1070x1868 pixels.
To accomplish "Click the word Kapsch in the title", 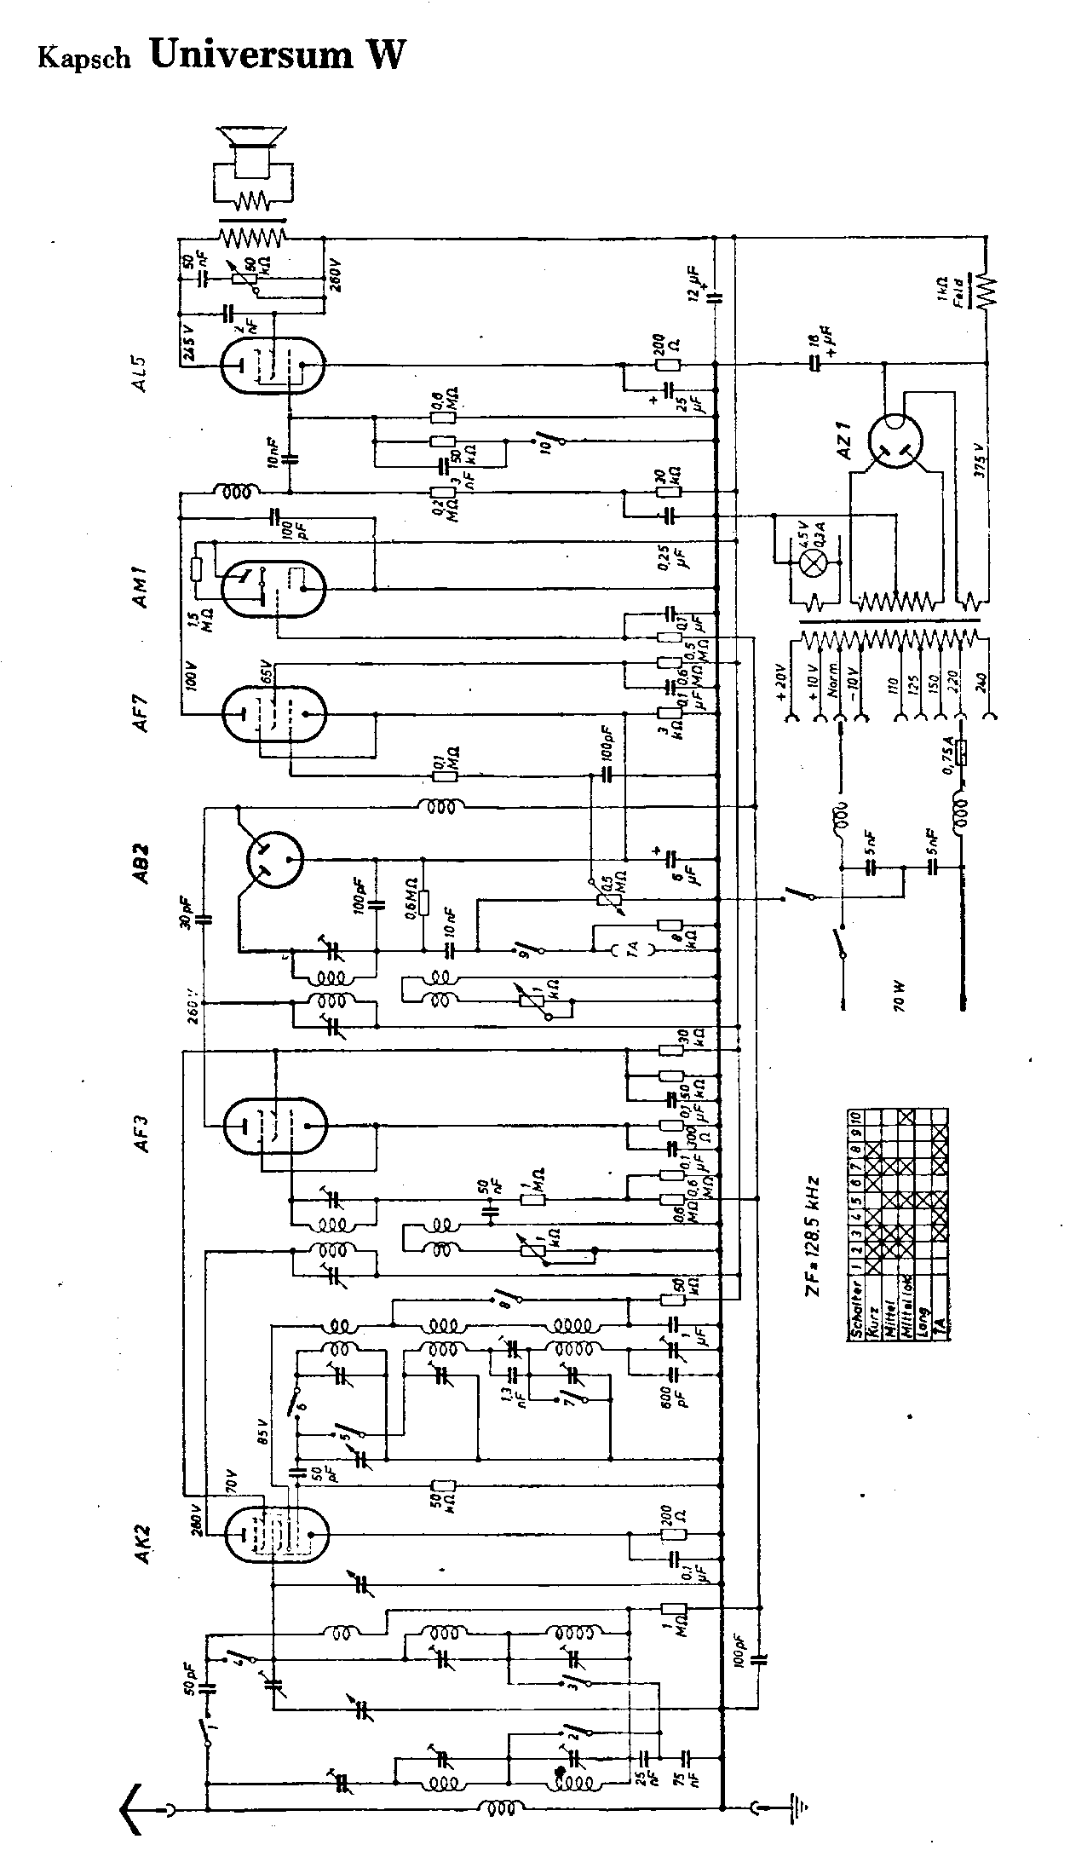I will tap(84, 58).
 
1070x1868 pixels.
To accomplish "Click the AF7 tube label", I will tap(142, 711).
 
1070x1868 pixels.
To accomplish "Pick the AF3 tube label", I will tap(142, 1129).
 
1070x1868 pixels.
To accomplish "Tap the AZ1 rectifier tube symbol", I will tap(895, 443).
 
